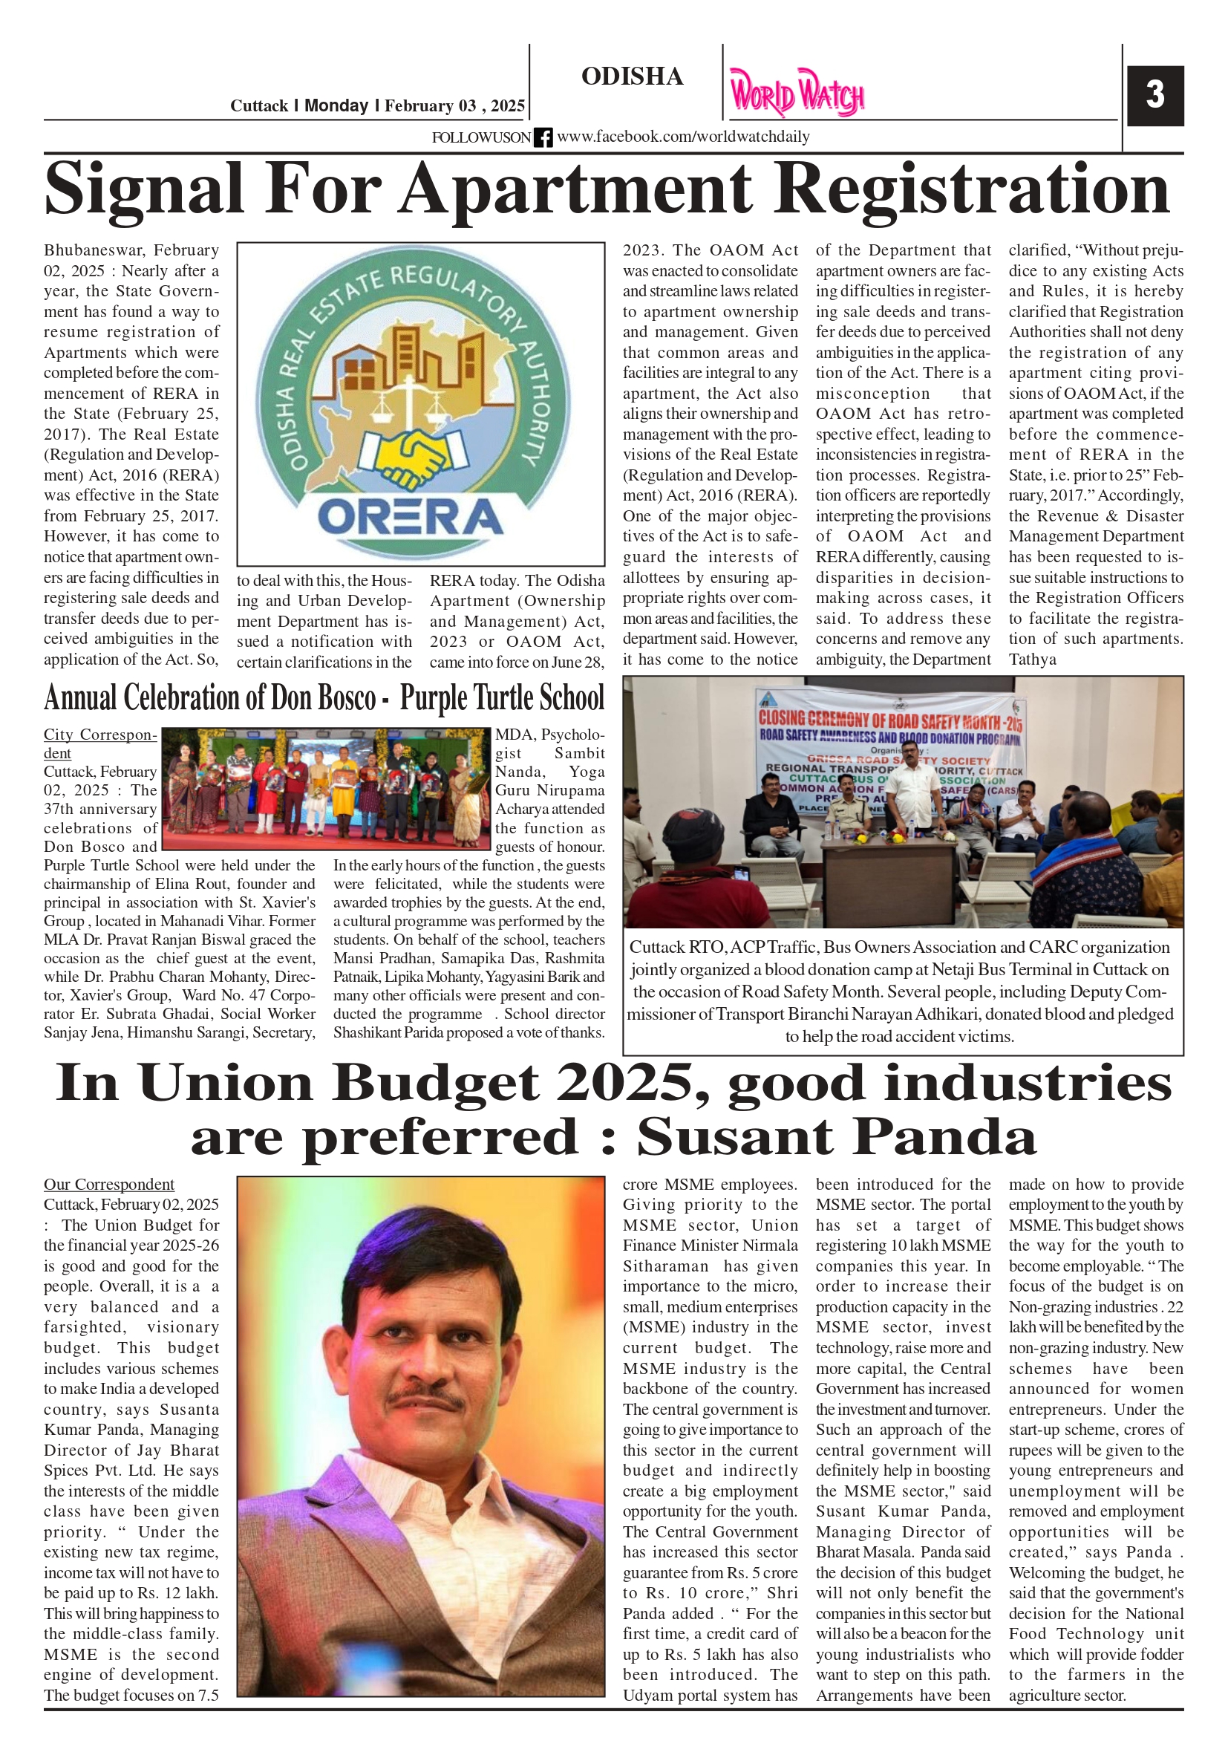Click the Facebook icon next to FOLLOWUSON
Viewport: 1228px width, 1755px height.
pyautogui.click(x=543, y=137)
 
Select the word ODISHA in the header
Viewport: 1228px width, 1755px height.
pyautogui.click(x=632, y=76)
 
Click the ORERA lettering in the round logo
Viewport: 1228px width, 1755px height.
pyautogui.click(x=410, y=517)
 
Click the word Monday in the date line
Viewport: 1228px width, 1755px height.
pyautogui.click(x=336, y=105)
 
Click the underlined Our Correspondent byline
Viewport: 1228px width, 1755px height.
pyautogui.click(x=108, y=1184)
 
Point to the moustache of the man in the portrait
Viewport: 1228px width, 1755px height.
pyautogui.click(x=425, y=1399)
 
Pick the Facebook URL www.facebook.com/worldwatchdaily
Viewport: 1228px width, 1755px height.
pyautogui.click(x=682, y=137)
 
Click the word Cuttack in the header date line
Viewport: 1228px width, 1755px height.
pyautogui.click(x=259, y=105)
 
